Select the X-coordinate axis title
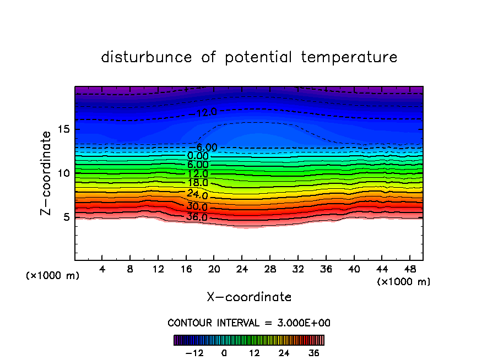[x=249, y=297]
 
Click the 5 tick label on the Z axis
[x=66, y=217]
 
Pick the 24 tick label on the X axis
[x=242, y=269]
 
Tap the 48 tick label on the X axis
[x=409, y=269]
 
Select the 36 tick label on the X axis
[x=326, y=269]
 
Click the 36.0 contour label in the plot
[x=197, y=217]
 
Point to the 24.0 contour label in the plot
[x=197, y=194]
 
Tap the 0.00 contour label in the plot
[x=198, y=156]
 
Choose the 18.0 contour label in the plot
[x=197, y=183]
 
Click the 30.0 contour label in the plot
[x=197, y=207]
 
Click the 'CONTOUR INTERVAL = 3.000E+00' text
[x=249, y=323]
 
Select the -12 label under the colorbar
[x=194, y=353]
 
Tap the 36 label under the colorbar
[x=313, y=353]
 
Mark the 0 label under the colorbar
[x=224, y=353]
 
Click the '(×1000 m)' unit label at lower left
[x=53, y=276]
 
